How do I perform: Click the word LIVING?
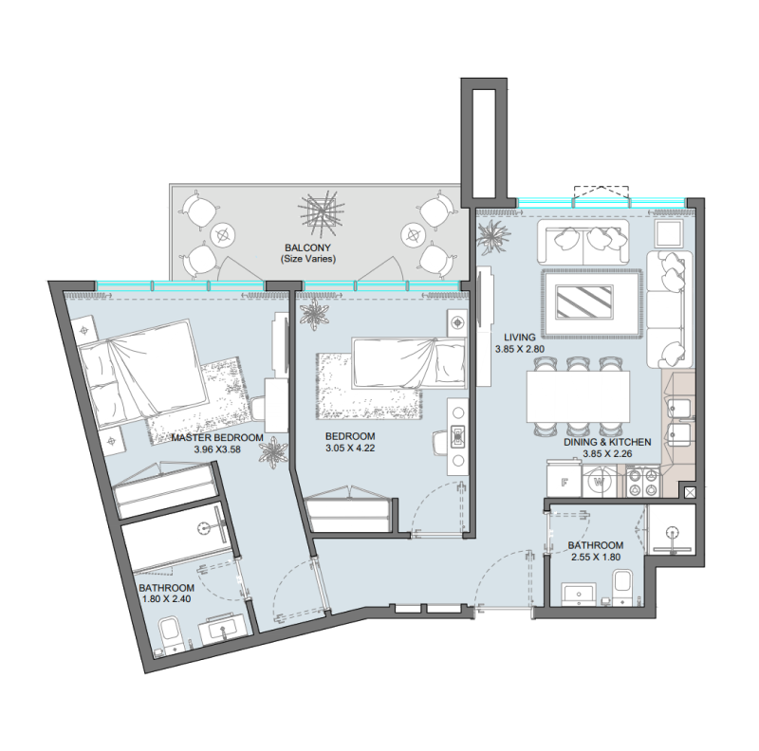[x=521, y=337]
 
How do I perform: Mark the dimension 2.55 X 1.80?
[x=595, y=559]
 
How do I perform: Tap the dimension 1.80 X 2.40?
[x=168, y=600]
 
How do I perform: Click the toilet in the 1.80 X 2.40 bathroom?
[x=172, y=632]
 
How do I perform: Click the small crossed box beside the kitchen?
[x=689, y=492]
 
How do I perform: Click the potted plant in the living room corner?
[x=493, y=238]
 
